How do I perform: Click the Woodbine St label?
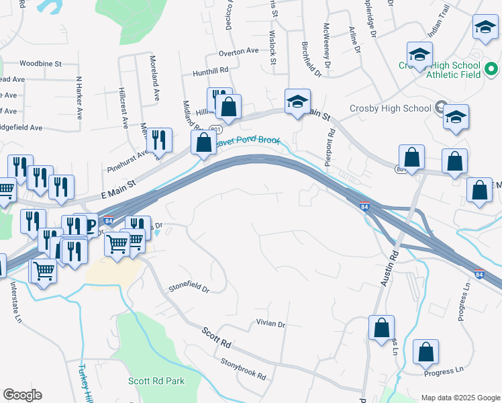coord(40,64)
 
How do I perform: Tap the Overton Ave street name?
coord(238,51)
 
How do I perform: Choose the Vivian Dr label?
coord(270,324)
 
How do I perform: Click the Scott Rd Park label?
coord(156,381)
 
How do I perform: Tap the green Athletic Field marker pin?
coord(491,69)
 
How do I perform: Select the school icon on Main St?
coord(297,102)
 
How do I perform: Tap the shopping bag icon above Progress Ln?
coord(425,351)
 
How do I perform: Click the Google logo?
coord(22,395)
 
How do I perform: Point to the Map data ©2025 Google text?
coord(460,398)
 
